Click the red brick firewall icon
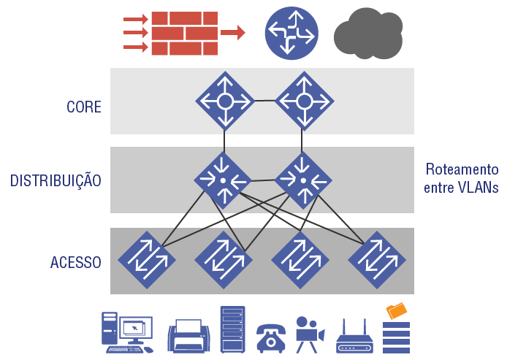[x=184, y=33]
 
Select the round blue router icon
[x=291, y=32]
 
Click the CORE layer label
[x=84, y=107]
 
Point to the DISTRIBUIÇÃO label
[x=56, y=180]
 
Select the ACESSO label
[x=76, y=262]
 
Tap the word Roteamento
[x=462, y=169]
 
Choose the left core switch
[x=224, y=101]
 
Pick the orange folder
[x=397, y=310]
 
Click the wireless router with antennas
[x=354, y=338]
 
